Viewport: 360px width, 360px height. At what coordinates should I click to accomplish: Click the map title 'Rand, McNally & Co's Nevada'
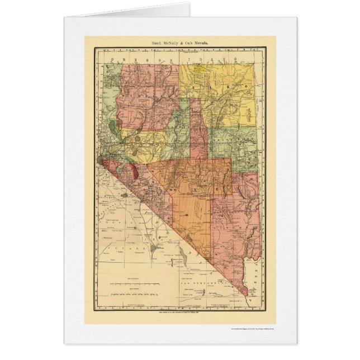coord(180,42)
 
